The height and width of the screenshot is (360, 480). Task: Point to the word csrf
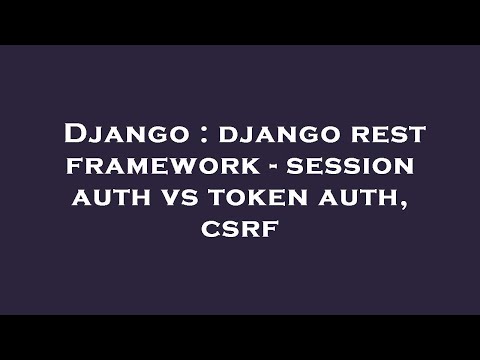coord(240,229)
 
